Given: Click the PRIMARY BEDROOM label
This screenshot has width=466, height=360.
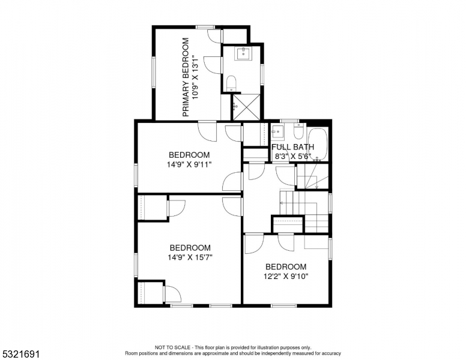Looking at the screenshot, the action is click(x=186, y=77).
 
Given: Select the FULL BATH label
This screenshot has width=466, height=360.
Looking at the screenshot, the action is click(x=292, y=147).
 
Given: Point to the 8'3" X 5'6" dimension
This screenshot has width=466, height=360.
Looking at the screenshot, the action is click(x=292, y=156).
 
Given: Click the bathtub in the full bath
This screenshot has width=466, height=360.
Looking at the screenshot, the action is click(x=318, y=145).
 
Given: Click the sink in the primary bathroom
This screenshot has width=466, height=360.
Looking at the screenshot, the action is click(x=243, y=53).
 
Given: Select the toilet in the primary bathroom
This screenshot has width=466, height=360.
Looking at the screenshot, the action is click(x=231, y=83).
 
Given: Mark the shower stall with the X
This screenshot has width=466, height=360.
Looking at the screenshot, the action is click(x=246, y=107).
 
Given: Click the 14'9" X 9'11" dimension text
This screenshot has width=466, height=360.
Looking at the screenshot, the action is click(x=189, y=164).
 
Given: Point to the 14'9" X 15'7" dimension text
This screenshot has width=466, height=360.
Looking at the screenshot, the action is click(x=190, y=257).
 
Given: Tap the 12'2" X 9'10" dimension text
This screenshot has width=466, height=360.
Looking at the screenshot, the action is click(x=286, y=276).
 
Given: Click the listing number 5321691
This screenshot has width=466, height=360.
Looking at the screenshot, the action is click(x=21, y=354).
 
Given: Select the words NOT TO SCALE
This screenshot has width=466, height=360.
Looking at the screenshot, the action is click(x=172, y=347).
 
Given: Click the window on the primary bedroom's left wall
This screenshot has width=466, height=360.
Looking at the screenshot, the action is click(x=154, y=72).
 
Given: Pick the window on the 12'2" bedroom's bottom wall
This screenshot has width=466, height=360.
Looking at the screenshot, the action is click(x=284, y=305).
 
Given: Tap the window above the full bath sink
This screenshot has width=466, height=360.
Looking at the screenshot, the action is click(x=290, y=121).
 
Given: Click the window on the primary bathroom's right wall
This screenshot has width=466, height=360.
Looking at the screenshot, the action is click(x=262, y=74).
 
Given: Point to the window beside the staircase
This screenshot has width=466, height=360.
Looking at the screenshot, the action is click(x=330, y=203).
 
